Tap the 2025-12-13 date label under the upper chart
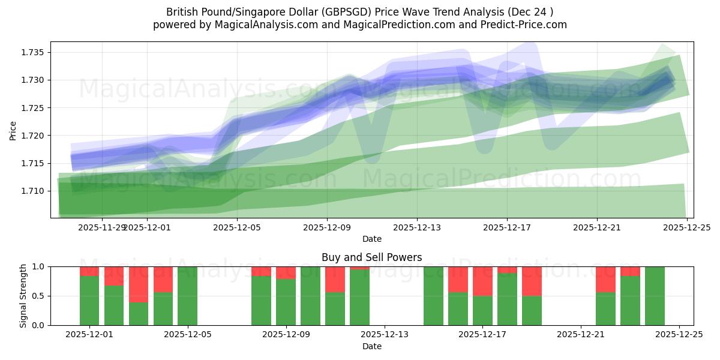point(417,227)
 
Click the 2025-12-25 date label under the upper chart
point(687,227)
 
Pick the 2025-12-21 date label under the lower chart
point(581,335)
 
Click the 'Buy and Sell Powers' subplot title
point(371,257)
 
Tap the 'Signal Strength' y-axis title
point(23,296)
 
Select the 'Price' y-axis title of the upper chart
point(13,130)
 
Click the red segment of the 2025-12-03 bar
point(139,284)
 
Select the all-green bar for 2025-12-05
point(188,296)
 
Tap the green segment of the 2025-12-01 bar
point(89,301)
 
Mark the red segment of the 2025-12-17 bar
point(482,281)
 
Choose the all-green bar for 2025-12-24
point(655,296)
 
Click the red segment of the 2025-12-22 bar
point(605,279)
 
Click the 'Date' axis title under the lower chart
point(371,346)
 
